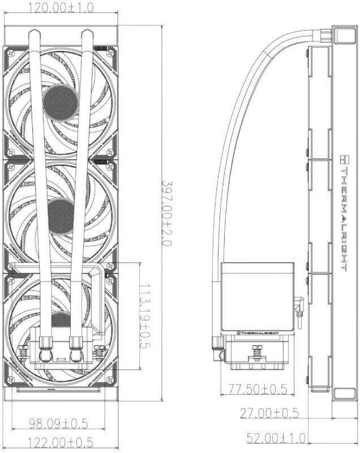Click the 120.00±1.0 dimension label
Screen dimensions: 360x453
[61, 7]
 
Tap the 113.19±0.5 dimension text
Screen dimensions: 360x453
[145, 315]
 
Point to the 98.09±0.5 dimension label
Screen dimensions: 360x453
[58, 424]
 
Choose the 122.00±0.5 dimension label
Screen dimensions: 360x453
[60, 442]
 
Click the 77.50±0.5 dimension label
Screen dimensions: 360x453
[258, 389]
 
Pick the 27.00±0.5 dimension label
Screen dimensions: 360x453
[269, 413]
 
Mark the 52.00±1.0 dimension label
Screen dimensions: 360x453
[276, 438]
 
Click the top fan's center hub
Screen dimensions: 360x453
[61, 102]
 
